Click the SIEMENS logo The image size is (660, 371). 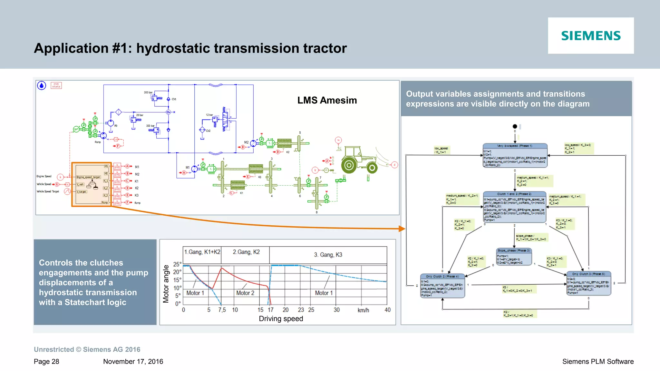click(x=591, y=36)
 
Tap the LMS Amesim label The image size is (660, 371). click(x=327, y=100)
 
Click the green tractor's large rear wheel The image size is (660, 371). click(x=349, y=165)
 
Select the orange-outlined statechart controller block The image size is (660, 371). click(x=92, y=184)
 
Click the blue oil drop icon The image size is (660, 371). click(x=42, y=85)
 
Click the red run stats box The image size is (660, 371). click(x=56, y=85)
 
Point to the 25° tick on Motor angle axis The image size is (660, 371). click(x=177, y=264)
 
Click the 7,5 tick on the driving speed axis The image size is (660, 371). click(x=222, y=310)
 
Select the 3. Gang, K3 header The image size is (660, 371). click(x=328, y=255)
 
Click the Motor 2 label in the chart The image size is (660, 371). click(x=245, y=293)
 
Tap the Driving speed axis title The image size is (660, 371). click(x=281, y=319)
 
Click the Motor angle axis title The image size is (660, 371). click(x=166, y=284)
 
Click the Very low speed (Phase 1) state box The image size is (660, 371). click(x=515, y=155)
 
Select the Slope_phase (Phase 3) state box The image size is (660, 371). click(x=514, y=257)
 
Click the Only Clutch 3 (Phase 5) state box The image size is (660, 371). click(x=588, y=283)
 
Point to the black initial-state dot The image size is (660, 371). click(x=515, y=126)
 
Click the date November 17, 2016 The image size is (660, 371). click(x=133, y=361)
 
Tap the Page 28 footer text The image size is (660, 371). click(x=46, y=361)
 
